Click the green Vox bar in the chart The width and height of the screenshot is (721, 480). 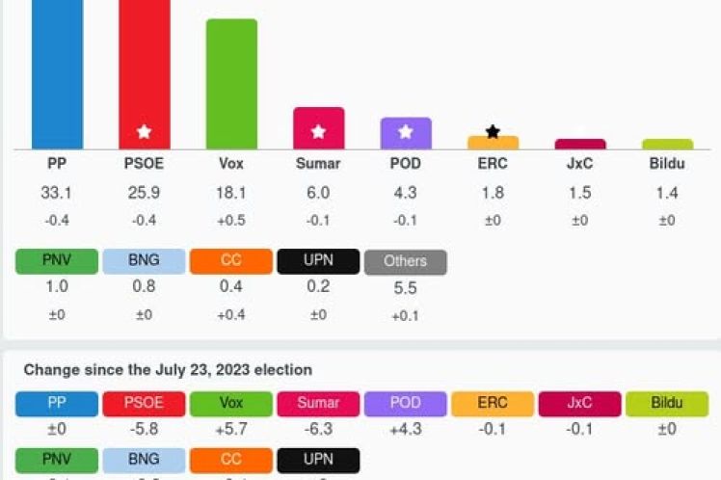[231, 84]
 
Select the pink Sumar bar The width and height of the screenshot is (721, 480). [318, 128]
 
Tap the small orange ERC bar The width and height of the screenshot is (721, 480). [493, 143]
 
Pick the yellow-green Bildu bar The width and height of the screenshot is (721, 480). [667, 145]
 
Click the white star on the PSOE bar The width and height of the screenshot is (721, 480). [144, 132]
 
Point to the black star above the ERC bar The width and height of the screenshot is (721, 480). [493, 131]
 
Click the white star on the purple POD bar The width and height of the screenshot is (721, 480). [406, 132]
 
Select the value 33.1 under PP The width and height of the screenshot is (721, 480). [57, 193]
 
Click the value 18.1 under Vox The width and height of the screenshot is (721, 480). [231, 193]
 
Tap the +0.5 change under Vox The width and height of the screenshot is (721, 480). [231, 221]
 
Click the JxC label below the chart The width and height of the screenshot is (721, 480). [579, 164]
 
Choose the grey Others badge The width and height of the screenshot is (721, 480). [405, 261]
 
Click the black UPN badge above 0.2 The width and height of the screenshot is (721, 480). [318, 261]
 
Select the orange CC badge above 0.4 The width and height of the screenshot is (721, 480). [231, 261]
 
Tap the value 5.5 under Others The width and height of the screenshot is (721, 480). [405, 287]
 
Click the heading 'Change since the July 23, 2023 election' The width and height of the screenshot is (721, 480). [168, 370]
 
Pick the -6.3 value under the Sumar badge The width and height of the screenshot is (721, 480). [318, 429]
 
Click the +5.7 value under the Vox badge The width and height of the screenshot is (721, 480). [231, 429]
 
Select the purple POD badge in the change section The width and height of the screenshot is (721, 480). [405, 403]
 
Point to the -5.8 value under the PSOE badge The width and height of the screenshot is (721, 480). [144, 429]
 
